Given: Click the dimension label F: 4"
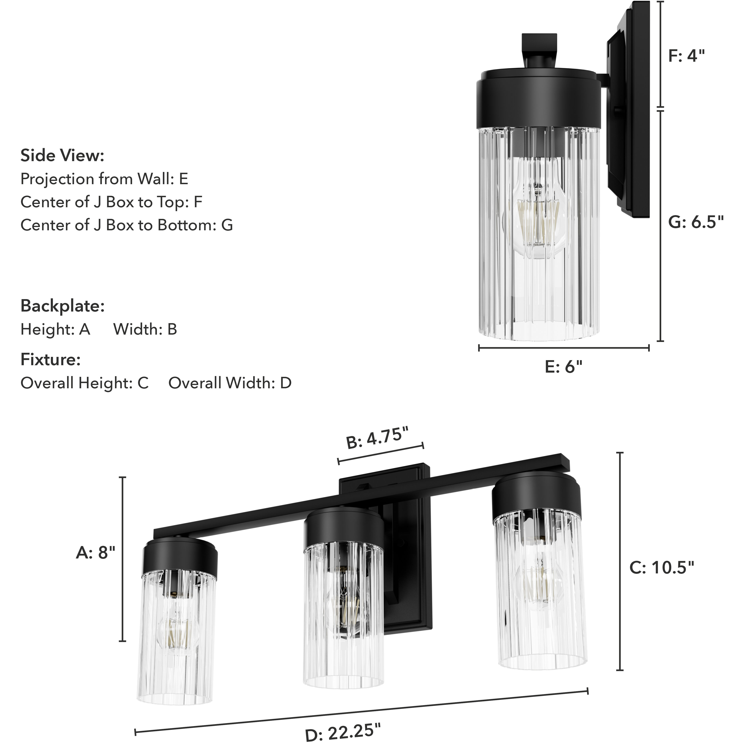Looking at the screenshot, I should (x=686, y=56).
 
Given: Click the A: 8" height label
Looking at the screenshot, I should (x=95, y=553).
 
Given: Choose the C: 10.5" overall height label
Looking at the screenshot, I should (x=662, y=568).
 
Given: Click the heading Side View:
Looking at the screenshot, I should (x=62, y=156).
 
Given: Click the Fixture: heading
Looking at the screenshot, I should (x=50, y=360).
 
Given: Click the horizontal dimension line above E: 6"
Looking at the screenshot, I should (x=564, y=348).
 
